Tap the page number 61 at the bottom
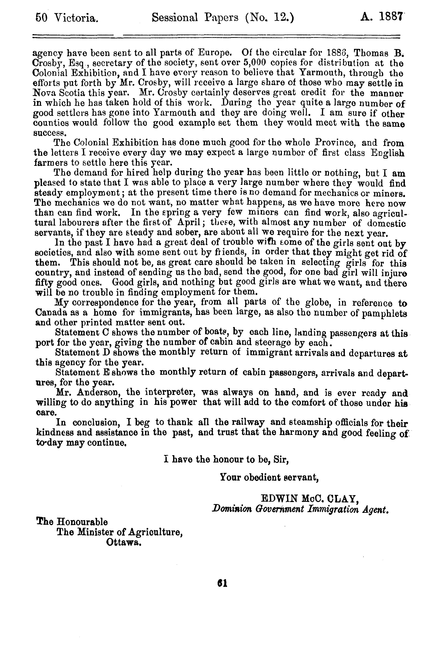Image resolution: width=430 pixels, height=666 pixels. click(x=222, y=584)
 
